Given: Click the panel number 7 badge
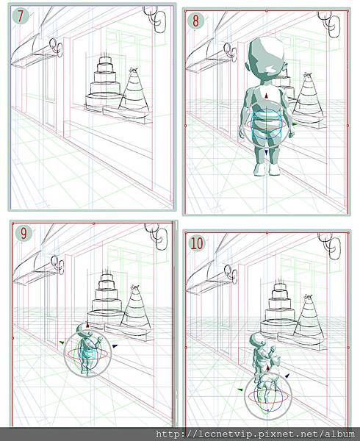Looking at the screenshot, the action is [x=21, y=16].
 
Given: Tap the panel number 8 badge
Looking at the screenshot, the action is [x=195, y=21].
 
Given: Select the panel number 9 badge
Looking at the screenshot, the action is [x=24, y=234].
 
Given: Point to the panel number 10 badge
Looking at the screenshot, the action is [x=196, y=243].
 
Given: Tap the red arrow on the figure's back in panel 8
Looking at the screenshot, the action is [x=266, y=96].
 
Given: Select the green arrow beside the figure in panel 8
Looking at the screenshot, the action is [x=294, y=123].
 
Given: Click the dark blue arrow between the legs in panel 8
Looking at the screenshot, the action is [x=266, y=152].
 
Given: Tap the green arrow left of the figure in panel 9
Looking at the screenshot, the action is [x=62, y=343].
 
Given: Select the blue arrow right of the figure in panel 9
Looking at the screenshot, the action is [x=115, y=346].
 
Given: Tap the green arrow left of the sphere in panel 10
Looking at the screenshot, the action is [x=240, y=390].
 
